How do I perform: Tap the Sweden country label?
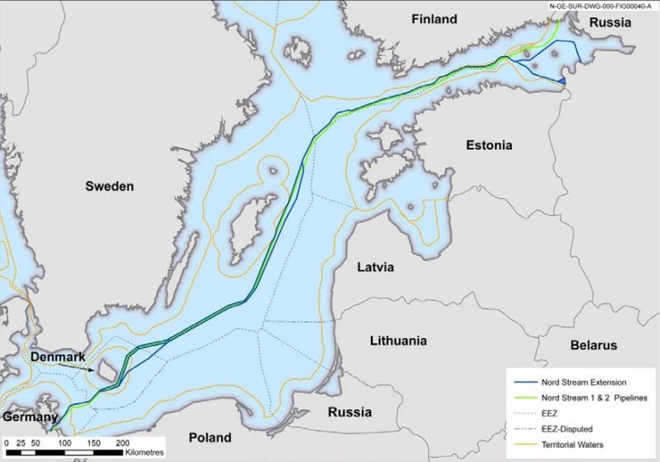coord(109,186)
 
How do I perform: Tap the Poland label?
coord(210,438)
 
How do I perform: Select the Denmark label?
coord(58,357)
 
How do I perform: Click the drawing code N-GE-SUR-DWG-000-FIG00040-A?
coord(599,5)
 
